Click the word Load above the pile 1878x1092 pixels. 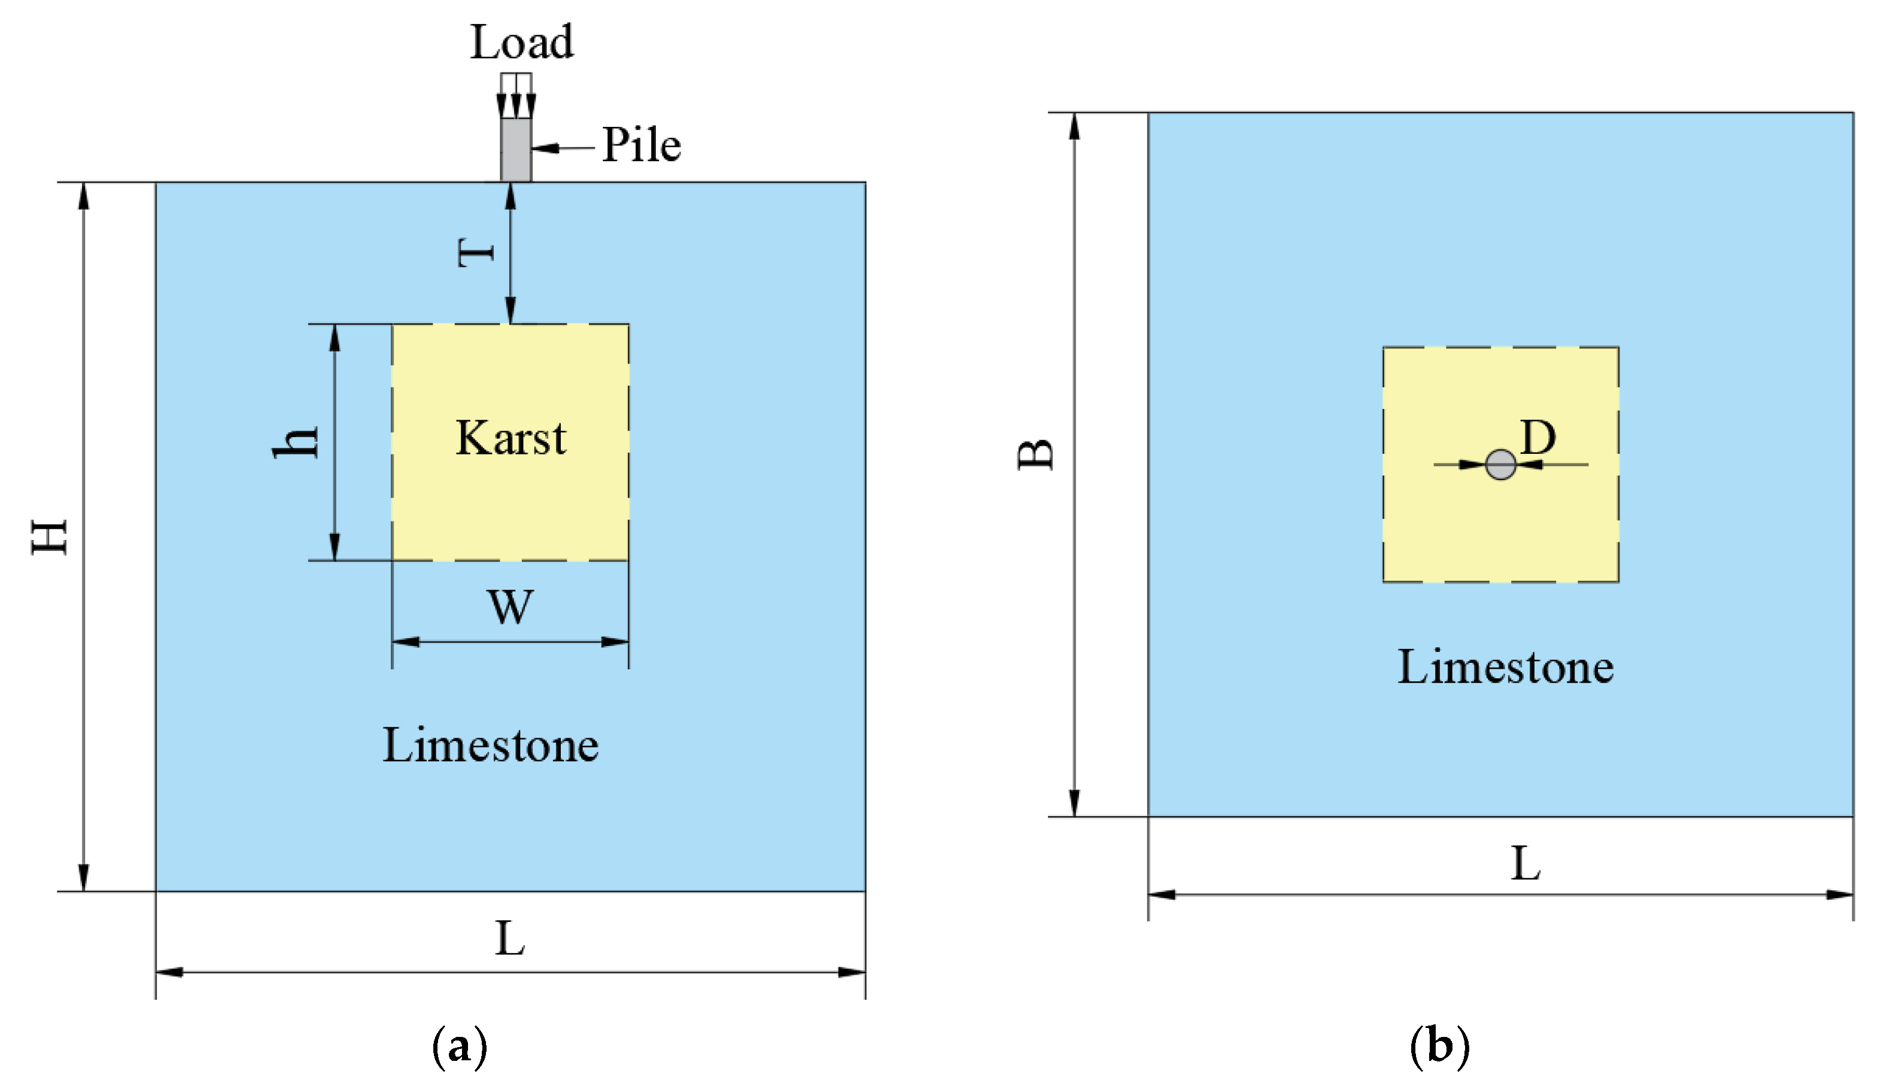pyautogui.click(x=522, y=42)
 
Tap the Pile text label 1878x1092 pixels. pyautogui.click(x=641, y=145)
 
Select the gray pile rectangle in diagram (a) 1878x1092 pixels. pyautogui.click(x=516, y=149)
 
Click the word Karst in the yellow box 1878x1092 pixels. pyautogui.click(x=511, y=438)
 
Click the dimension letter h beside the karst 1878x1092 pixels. pyautogui.click(x=297, y=442)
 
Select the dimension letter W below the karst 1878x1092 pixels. pyautogui.click(x=511, y=606)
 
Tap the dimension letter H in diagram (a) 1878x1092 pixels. pyautogui.click(x=50, y=536)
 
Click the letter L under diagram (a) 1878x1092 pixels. pyautogui.click(x=510, y=939)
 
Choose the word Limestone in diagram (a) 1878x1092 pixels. pyautogui.click(x=490, y=745)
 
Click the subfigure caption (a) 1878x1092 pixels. pyautogui.click(x=459, y=1046)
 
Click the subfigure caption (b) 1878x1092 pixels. pyautogui.click(x=1439, y=1046)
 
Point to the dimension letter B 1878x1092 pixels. pyautogui.click(x=1036, y=454)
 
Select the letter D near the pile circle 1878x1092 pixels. pyautogui.click(x=1538, y=438)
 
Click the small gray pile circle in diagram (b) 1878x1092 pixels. pyautogui.click(x=1500, y=465)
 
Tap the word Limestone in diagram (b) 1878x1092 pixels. pyautogui.click(x=1505, y=666)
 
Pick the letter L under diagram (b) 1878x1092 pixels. pyautogui.click(x=1526, y=864)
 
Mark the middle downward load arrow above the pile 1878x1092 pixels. pyautogui.click(x=516, y=104)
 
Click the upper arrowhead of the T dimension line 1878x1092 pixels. pyautogui.click(x=510, y=194)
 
